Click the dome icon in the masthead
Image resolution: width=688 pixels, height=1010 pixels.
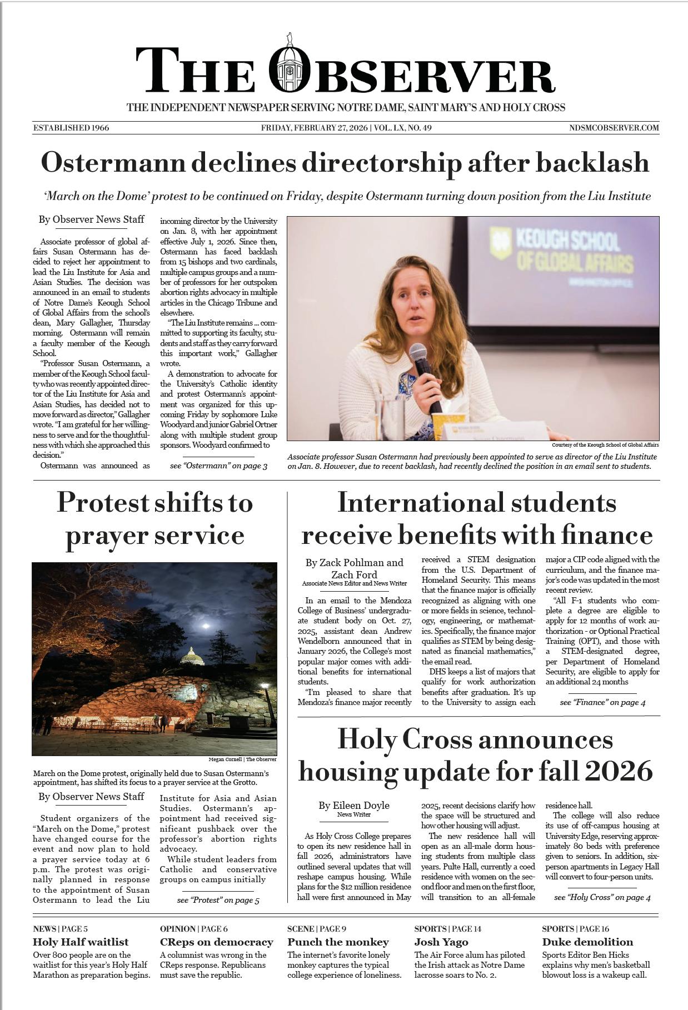288,66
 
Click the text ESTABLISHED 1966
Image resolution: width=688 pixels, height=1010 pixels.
71,128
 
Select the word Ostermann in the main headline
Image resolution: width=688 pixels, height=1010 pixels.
113,163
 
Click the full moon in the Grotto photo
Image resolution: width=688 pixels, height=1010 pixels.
207,626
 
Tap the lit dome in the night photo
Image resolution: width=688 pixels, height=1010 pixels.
191,656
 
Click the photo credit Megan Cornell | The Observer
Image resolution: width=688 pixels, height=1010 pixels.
242,759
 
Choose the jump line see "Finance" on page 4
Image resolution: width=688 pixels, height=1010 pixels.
602,702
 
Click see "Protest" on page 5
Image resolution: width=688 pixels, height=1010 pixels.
218,900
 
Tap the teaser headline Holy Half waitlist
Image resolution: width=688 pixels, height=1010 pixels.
81,942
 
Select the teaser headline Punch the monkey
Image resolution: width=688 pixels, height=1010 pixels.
338,942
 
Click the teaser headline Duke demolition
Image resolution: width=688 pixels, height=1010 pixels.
587,942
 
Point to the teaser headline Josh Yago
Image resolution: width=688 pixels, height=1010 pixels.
441,942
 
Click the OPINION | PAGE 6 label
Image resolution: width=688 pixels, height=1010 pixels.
194,928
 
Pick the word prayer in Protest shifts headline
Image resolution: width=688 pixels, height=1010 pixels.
105,535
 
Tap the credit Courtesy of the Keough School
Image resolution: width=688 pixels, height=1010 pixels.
605,445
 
